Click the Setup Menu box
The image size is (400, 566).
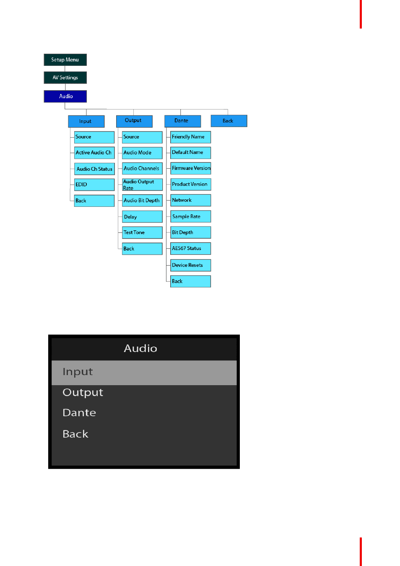coord(65,60)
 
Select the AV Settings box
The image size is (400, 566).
coord(65,78)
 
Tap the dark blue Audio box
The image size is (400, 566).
coord(65,96)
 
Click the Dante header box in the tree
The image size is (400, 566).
coord(182,121)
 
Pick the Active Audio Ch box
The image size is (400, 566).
coord(94,153)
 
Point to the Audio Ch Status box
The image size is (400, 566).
coord(94,169)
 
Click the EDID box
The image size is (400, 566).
coord(94,185)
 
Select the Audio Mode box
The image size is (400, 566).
coord(142,153)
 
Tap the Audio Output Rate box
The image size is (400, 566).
coord(142,185)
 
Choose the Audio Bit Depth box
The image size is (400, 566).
coord(142,201)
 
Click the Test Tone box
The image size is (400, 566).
coord(142,232)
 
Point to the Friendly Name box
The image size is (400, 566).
coord(190,137)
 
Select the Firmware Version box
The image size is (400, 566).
coord(190,168)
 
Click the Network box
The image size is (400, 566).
coord(190,200)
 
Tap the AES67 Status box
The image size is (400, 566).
coord(190,248)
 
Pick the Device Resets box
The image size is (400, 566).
coord(190,265)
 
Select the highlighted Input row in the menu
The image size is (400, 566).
coord(144,372)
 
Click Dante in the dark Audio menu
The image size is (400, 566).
coord(79,413)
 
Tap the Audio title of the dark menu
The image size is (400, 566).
coord(140,348)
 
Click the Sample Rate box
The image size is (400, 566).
coord(190,216)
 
